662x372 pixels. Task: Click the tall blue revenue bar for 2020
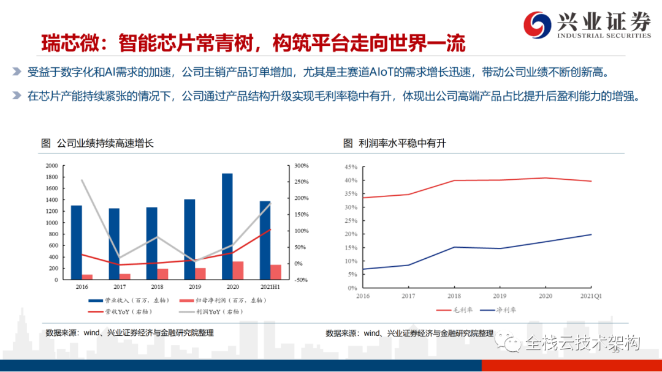coord(227,226)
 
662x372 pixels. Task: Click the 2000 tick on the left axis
coord(51,166)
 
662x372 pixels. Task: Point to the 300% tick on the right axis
coord(301,166)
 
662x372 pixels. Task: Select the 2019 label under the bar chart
coord(195,286)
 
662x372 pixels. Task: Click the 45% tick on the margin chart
coord(351,166)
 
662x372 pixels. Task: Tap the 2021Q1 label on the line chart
coord(590,295)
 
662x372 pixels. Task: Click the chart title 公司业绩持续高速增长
coord(105,143)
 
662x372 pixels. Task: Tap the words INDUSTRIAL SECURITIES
coord(604,35)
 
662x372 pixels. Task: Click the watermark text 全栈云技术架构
coord(582,343)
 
